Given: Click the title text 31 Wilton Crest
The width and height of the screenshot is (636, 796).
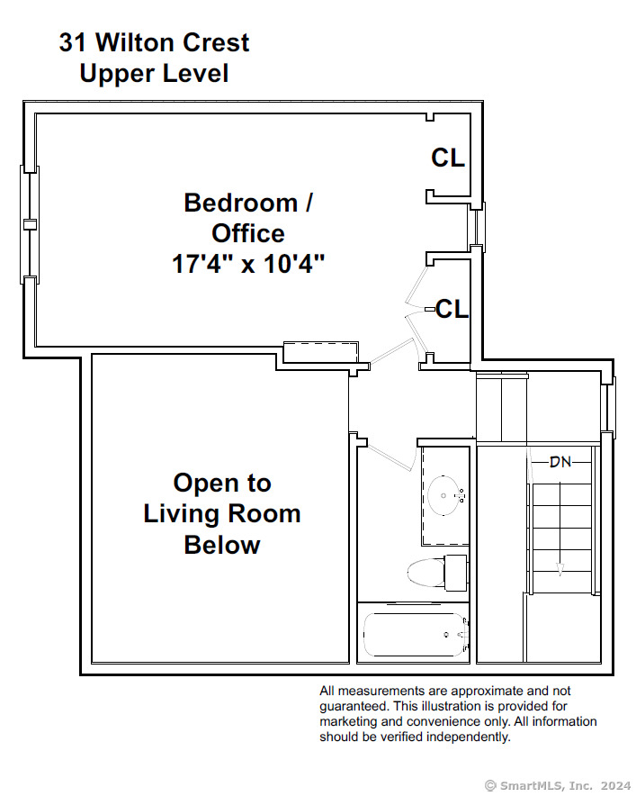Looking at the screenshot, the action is [x=154, y=42].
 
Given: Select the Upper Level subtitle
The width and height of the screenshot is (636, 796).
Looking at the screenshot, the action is [x=154, y=73].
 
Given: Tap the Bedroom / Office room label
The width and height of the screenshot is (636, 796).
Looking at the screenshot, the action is [x=248, y=218].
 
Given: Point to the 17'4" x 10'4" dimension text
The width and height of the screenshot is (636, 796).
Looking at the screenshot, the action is [x=248, y=264].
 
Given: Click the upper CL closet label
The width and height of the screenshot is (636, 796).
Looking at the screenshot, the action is [x=448, y=158].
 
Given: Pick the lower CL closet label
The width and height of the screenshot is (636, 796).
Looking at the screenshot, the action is [x=452, y=309].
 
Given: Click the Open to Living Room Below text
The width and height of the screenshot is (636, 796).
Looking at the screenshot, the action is [x=222, y=514].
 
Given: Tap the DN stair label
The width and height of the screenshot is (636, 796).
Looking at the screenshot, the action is [x=560, y=462].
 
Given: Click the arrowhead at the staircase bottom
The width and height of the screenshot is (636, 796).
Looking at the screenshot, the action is [x=560, y=570].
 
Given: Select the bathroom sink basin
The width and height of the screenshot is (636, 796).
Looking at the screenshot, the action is [x=445, y=496].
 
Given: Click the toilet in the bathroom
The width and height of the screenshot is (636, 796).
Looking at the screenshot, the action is [x=437, y=573].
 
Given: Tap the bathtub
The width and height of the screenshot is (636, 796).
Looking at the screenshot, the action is [x=415, y=635].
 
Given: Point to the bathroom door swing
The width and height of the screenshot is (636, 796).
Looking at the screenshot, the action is [x=390, y=457].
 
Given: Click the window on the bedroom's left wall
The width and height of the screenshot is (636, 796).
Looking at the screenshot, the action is [x=30, y=224].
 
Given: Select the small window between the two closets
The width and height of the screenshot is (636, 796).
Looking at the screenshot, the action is [x=478, y=224].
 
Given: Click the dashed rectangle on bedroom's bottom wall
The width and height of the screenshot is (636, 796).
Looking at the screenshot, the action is [x=320, y=352].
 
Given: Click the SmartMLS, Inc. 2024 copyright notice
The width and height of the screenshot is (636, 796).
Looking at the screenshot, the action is [x=558, y=786].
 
